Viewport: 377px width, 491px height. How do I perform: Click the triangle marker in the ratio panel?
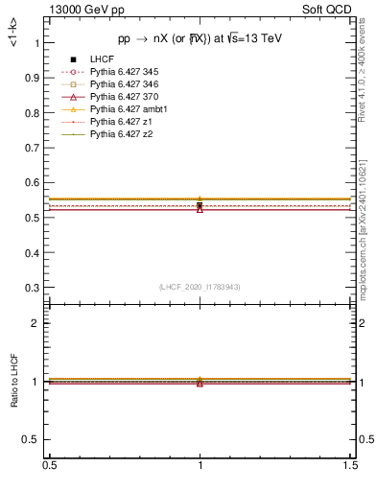tap(200, 383)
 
